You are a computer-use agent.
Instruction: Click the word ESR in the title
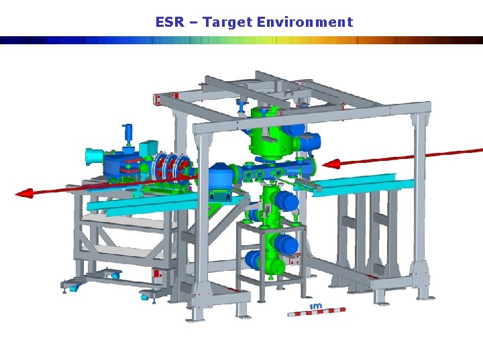pyautogui.click(x=170, y=22)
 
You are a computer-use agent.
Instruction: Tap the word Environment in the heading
pyautogui.click(x=305, y=22)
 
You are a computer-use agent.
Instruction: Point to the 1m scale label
pyautogui.click(x=315, y=306)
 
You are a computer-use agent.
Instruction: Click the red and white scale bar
pyautogui.click(x=317, y=312)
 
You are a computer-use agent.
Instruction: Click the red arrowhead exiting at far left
pyautogui.click(x=24, y=193)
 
